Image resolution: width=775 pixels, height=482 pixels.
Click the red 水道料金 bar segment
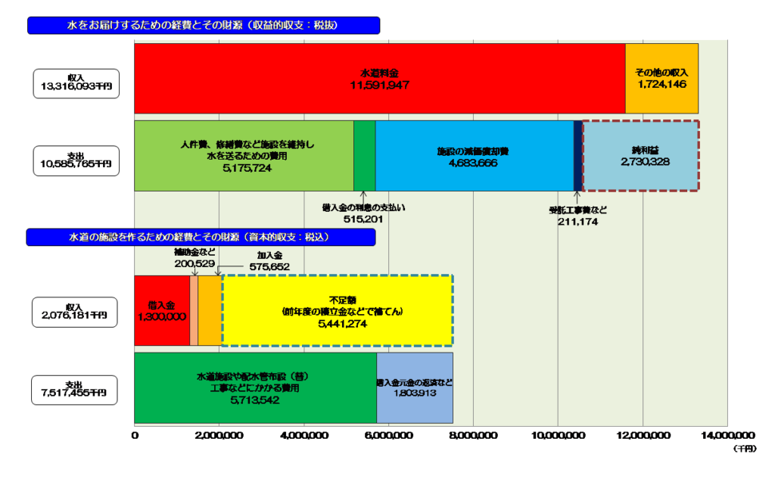[x=378, y=78]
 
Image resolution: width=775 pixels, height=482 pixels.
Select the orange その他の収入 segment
[x=661, y=78]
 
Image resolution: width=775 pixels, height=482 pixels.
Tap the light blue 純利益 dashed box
[x=640, y=156]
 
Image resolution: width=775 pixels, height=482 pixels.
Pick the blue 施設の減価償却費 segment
[x=473, y=156]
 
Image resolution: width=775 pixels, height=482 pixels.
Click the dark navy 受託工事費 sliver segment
[x=577, y=156]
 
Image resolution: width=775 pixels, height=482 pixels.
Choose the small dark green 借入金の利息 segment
[x=364, y=156]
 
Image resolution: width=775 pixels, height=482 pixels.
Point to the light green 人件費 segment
[x=244, y=156]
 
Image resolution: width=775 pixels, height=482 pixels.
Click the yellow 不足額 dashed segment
[x=337, y=311]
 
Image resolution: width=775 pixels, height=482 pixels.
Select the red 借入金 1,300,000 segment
[x=161, y=311]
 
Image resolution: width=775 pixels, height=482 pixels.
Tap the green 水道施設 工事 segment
[x=255, y=387]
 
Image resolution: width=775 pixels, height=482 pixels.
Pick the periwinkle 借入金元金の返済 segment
[x=414, y=387]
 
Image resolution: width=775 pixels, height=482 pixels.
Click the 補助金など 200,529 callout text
[x=195, y=257]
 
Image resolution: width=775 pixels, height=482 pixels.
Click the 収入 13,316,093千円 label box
[x=76, y=83]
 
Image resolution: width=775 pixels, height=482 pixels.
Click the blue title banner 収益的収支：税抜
[x=203, y=26]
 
